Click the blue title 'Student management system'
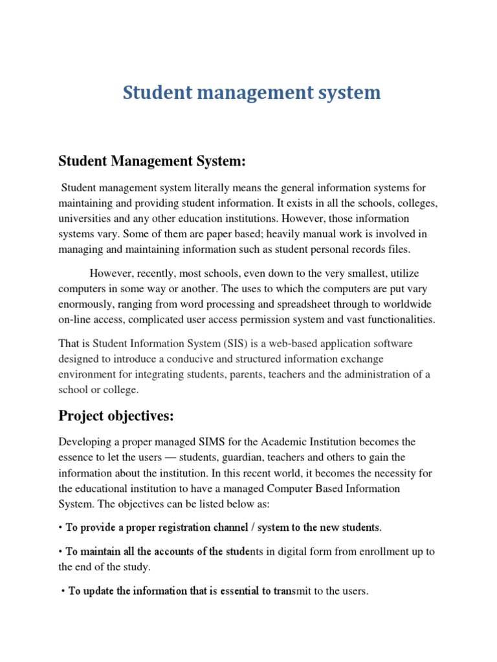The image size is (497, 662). [x=252, y=93]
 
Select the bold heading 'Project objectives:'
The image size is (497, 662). [x=116, y=416]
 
